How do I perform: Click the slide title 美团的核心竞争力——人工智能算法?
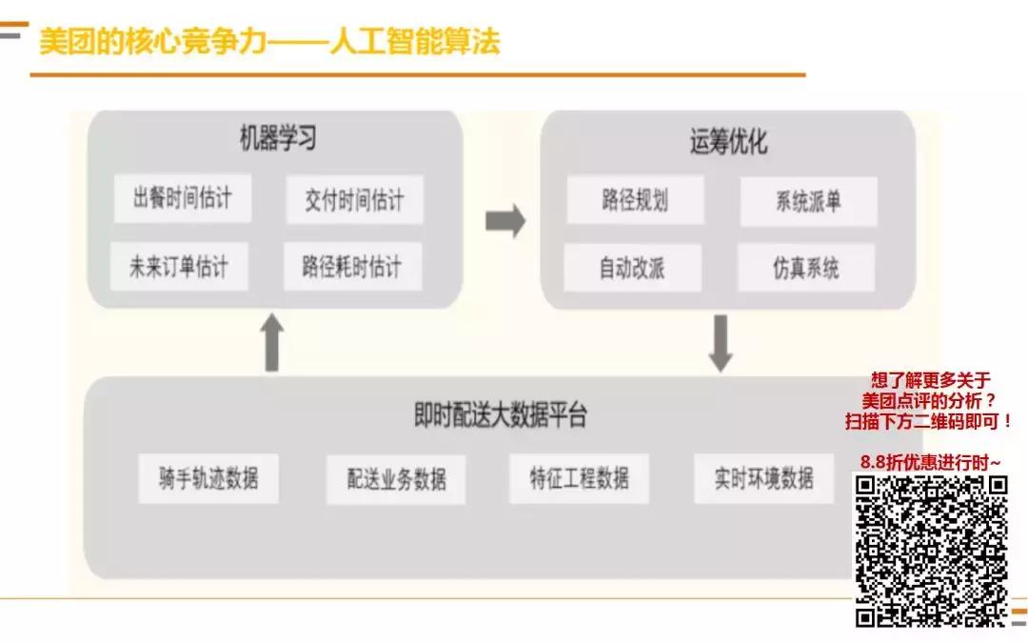pos(269,42)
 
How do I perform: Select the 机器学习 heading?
pos(277,139)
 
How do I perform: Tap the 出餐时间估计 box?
pos(183,198)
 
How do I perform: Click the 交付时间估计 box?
pos(354,200)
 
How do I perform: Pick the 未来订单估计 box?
pos(179,267)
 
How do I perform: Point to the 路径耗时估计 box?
pos(352,267)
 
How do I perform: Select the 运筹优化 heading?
pos(728,142)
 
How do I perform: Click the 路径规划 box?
pos(635,200)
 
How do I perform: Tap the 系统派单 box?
pos(808,202)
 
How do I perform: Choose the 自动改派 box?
pos(632,269)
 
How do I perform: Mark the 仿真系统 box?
pos(806,269)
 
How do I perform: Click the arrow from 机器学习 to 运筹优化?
pos(504,221)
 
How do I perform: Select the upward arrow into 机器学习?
pos(272,342)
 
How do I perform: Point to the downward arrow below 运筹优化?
pos(721,343)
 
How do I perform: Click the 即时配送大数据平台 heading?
pos(501,415)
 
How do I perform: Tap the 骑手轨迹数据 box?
pos(208,478)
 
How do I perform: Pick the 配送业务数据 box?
pos(396,479)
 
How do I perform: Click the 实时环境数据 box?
pos(764,478)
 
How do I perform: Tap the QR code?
pos(931,551)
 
